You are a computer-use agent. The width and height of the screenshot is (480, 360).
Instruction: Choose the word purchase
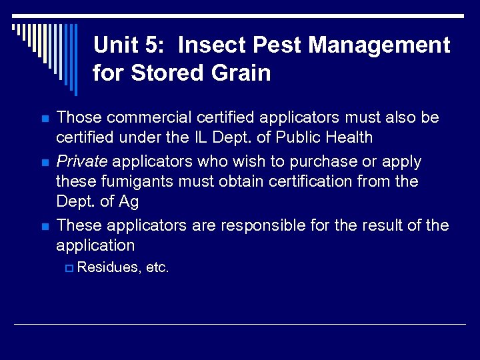point(317,161)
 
